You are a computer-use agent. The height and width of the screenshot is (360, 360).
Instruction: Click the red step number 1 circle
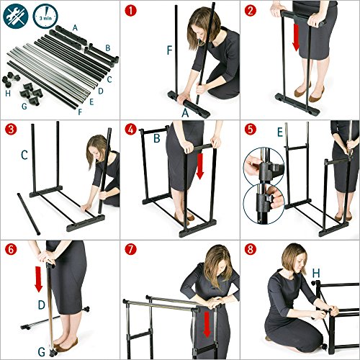click(x=131, y=11)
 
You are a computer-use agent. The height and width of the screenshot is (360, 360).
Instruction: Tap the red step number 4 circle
click(x=131, y=130)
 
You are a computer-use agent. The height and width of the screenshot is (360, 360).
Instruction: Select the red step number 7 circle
click(x=131, y=250)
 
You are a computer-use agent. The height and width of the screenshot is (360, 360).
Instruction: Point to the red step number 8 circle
click(x=251, y=250)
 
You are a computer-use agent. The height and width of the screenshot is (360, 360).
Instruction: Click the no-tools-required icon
click(x=16, y=16)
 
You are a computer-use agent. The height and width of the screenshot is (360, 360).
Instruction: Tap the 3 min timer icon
click(x=45, y=16)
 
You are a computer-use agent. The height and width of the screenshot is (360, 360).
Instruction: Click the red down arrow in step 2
click(x=296, y=37)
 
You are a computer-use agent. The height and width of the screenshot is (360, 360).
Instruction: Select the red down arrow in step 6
click(x=39, y=279)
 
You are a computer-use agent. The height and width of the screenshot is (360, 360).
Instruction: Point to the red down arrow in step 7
click(x=207, y=325)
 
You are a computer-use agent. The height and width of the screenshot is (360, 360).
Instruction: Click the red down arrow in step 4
click(x=199, y=166)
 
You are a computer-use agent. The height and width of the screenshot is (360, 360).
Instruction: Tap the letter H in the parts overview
click(x=8, y=94)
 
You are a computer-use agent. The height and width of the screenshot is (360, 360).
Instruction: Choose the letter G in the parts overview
click(x=24, y=106)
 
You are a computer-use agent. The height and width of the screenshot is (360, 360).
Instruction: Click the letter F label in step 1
click(x=170, y=50)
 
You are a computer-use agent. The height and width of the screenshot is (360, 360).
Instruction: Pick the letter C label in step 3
click(x=24, y=155)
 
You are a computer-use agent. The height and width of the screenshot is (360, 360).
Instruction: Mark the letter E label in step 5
click(x=280, y=132)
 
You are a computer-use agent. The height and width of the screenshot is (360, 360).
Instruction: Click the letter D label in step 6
click(x=42, y=305)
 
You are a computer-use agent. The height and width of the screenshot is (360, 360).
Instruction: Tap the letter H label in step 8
click(x=316, y=273)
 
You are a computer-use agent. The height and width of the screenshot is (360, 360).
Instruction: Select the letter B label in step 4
click(x=157, y=138)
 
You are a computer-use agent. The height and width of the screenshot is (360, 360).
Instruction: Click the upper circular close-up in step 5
click(x=264, y=167)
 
